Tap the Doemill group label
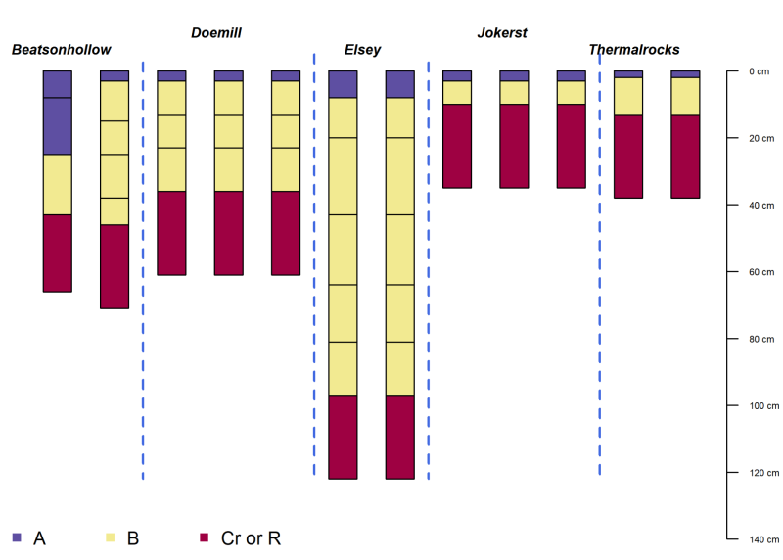(215, 33)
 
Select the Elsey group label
(362, 50)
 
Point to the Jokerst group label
(502, 33)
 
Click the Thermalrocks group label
(634, 50)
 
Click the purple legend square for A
(16, 537)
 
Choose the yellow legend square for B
(110, 537)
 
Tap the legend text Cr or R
(251, 537)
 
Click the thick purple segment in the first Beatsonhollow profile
(58, 126)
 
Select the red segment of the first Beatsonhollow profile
(58, 253)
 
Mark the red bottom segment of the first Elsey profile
(343, 437)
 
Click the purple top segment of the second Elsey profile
(399, 84)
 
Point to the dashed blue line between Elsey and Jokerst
(429, 264)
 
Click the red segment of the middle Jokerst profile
(514, 146)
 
